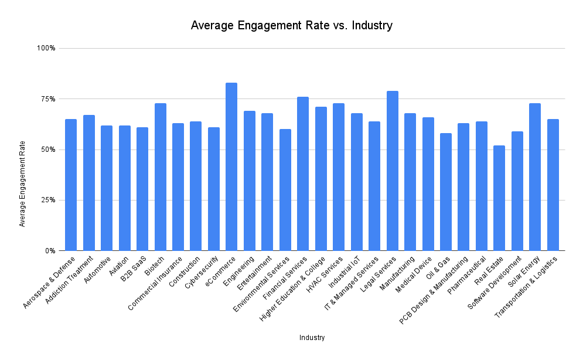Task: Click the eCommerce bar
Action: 231,167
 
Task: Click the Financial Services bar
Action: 303,174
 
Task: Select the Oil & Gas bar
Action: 446,192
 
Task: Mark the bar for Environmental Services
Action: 285,190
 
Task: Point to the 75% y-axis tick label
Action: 47,99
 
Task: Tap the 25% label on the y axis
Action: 47,200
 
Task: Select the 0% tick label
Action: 49,251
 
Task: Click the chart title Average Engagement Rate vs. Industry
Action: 291,26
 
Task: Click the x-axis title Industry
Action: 312,338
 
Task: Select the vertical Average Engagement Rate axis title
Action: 22,184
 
